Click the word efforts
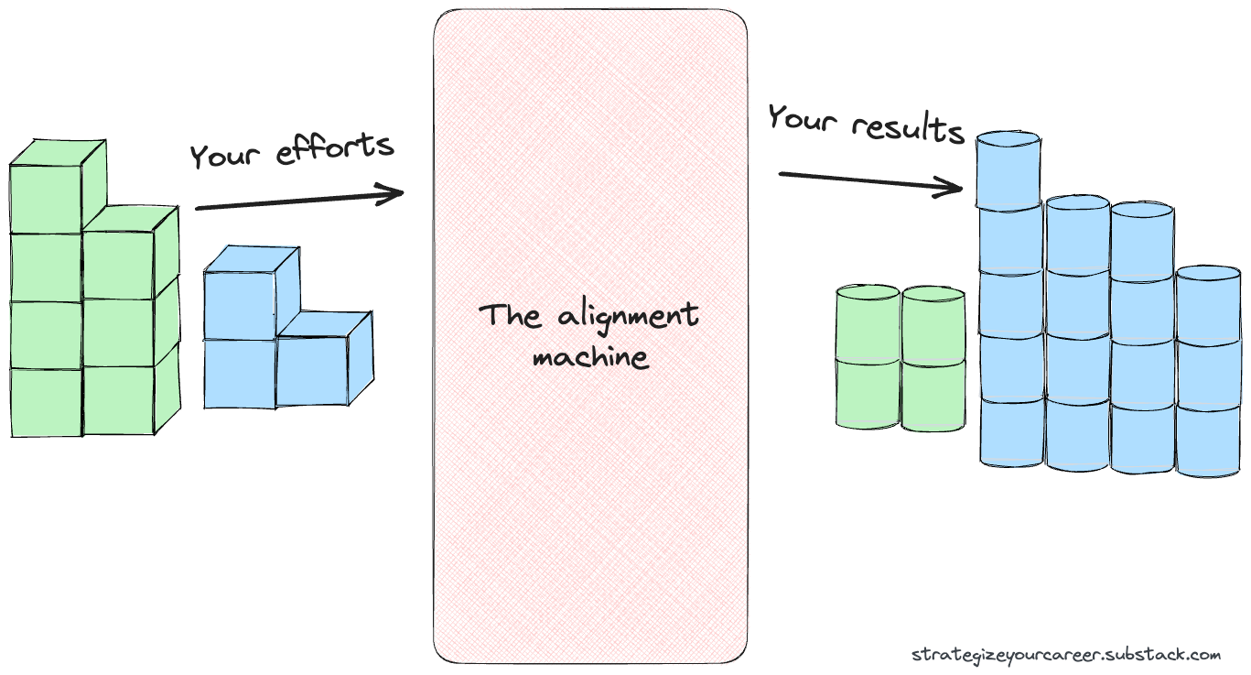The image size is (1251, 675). click(335, 149)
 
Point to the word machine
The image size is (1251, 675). click(590, 356)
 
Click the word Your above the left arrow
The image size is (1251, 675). click(225, 157)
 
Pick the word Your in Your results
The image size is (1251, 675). click(803, 118)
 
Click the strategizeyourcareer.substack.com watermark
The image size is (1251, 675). click(1066, 655)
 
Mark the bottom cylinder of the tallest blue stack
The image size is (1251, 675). click(1011, 431)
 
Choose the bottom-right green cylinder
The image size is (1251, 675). click(933, 394)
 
